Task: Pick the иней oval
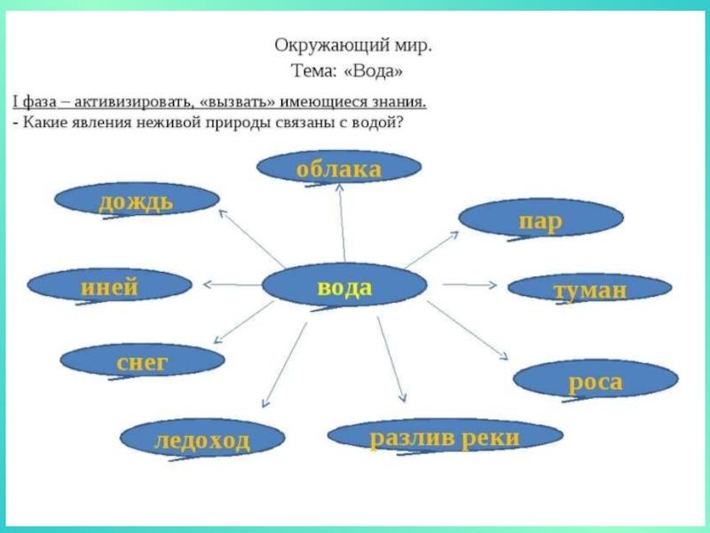click(x=109, y=286)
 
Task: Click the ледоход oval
click(x=201, y=440)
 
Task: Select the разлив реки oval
click(x=445, y=436)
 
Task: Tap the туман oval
click(x=590, y=289)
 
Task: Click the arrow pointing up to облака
click(x=342, y=222)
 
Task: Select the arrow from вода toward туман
click(x=469, y=284)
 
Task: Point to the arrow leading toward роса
click(x=468, y=330)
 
